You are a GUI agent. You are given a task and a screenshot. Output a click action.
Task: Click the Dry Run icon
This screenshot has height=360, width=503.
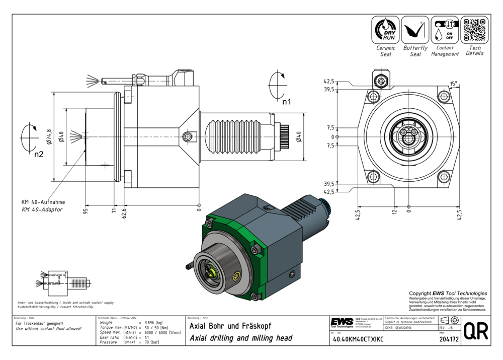(385, 30)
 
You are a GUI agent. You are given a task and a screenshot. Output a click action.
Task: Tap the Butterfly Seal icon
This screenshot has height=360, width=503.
(415, 30)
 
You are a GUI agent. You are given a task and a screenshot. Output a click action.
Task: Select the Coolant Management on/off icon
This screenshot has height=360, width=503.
(445, 30)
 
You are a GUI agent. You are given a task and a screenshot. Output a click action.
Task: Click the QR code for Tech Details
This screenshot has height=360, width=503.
(475, 30)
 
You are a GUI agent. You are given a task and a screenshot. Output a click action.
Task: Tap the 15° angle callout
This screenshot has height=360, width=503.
(454, 84)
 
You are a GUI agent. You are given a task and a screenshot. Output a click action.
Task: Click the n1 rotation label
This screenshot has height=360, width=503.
(286, 102)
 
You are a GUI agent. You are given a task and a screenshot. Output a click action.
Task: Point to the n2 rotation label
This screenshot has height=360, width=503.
(39, 154)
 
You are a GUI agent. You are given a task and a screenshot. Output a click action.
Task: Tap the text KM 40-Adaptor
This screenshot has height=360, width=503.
(42, 209)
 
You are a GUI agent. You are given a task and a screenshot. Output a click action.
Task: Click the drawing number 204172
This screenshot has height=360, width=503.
(448, 340)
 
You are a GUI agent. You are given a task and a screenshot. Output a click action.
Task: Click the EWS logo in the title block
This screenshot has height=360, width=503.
(342, 322)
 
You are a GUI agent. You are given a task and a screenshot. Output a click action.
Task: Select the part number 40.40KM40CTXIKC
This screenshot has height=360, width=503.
(358, 340)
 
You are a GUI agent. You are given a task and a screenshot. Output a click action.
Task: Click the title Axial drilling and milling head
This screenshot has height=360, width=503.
(240, 338)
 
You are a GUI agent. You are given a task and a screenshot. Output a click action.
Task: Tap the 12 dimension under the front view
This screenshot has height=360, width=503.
(395, 211)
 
